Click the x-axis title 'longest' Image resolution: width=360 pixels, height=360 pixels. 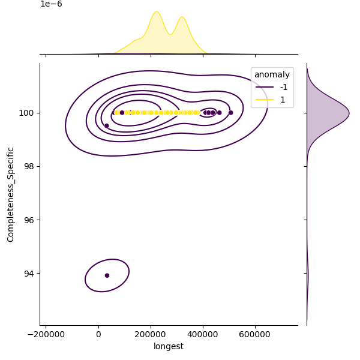coord(169,346)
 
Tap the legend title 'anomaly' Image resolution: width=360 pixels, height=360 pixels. coord(272,75)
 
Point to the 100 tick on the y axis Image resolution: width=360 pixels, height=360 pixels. coord(28,113)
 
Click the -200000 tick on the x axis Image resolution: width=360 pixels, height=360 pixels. coord(46,335)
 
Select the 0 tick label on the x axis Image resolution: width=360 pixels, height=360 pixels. coord(98,335)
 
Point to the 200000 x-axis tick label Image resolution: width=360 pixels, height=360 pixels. coord(151,335)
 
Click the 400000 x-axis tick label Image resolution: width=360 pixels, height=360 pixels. coord(203,335)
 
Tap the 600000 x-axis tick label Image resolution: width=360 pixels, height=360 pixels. coord(255,335)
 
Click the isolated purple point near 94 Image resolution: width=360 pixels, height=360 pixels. coord(107,275)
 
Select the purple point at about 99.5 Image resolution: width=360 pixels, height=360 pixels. coord(107,125)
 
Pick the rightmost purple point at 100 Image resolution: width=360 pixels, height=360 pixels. coord(230,112)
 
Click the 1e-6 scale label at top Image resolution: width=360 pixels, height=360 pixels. coord(51,4)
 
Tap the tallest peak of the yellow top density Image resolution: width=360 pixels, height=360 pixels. coord(156,12)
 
